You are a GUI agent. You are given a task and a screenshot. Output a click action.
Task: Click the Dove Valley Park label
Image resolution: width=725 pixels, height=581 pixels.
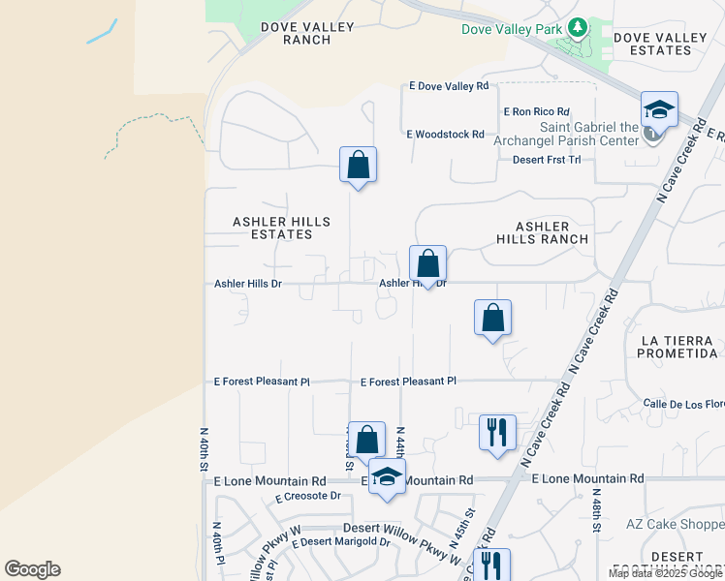tap(512, 29)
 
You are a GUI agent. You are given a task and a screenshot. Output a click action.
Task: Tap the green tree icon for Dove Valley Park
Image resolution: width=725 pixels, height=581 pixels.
tap(579, 28)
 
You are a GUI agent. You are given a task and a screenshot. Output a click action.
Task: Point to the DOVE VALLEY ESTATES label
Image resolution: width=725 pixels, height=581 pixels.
tap(661, 44)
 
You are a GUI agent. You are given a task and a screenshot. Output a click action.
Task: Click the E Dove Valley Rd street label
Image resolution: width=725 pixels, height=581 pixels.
tap(449, 86)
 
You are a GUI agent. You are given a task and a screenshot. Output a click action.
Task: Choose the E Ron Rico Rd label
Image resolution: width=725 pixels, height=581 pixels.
tap(535, 112)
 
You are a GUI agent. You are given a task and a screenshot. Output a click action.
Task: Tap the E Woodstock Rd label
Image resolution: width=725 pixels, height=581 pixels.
tap(445, 134)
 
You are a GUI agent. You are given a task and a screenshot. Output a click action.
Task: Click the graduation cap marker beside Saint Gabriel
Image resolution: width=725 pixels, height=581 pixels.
tap(659, 111)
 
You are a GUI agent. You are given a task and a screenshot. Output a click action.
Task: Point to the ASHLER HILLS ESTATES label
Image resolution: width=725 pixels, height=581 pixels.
tap(281, 228)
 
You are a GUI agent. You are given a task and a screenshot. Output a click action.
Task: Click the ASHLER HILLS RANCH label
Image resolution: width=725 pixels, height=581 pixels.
tap(542, 232)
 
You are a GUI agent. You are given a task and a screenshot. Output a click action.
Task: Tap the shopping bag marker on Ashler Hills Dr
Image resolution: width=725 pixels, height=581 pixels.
tap(427, 264)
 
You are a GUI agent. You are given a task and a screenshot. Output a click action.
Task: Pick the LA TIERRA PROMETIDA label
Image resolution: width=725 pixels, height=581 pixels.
tap(678, 347)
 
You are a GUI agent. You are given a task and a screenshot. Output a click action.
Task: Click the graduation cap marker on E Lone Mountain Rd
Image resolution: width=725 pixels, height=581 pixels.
tap(387, 478)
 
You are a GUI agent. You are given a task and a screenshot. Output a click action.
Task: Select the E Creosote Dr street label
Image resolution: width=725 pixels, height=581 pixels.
tap(308, 496)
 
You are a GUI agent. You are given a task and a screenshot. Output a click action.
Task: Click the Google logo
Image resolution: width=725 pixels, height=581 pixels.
tap(32, 569)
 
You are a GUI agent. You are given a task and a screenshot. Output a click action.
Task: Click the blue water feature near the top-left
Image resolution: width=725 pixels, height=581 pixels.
tap(102, 31)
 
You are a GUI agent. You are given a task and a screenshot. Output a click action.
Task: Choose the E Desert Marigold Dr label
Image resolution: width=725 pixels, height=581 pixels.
tap(339, 541)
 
